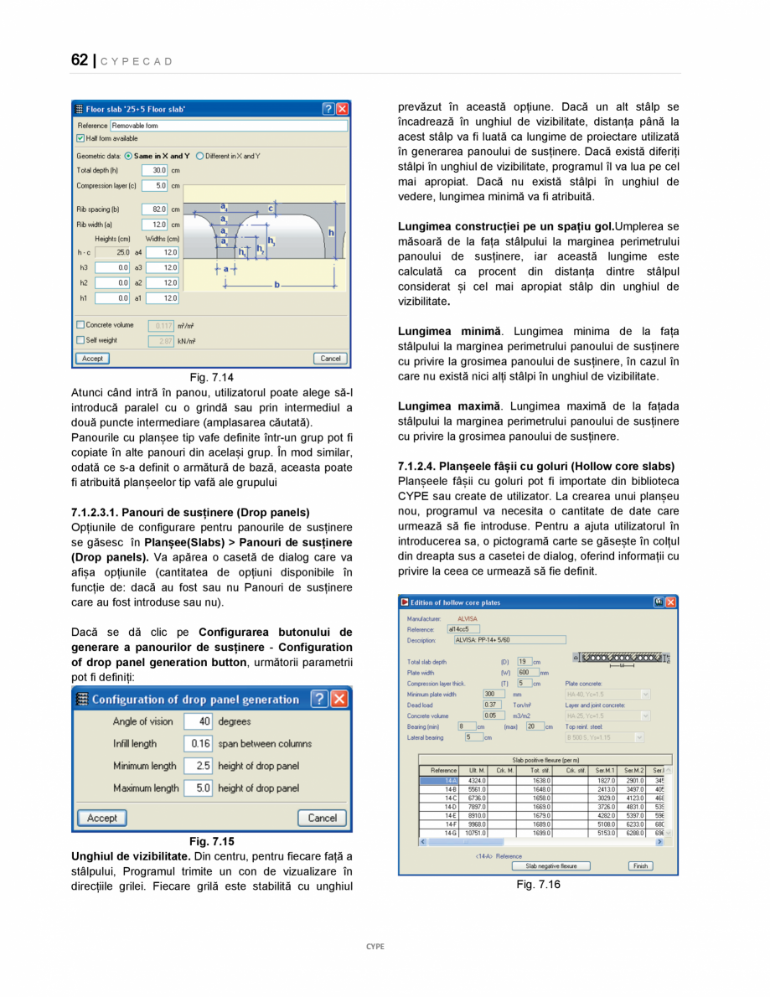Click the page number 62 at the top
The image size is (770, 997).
(80, 59)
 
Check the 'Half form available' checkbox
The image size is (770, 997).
(80, 138)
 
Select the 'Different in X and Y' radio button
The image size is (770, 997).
(201, 156)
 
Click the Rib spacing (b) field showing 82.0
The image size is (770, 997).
(155, 209)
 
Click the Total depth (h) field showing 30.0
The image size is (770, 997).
(155, 170)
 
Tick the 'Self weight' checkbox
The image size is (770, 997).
(80, 340)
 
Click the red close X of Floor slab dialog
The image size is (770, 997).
(343, 109)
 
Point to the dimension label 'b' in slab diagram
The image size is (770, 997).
(277, 285)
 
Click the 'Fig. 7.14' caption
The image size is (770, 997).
(211, 378)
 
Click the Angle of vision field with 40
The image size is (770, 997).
(198, 721)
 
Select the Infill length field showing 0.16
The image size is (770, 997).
(198, 743)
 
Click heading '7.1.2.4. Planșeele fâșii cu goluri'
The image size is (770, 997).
(536, 466)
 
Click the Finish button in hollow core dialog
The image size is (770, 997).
(640, 866)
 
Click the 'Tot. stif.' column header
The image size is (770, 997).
(540, 770)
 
